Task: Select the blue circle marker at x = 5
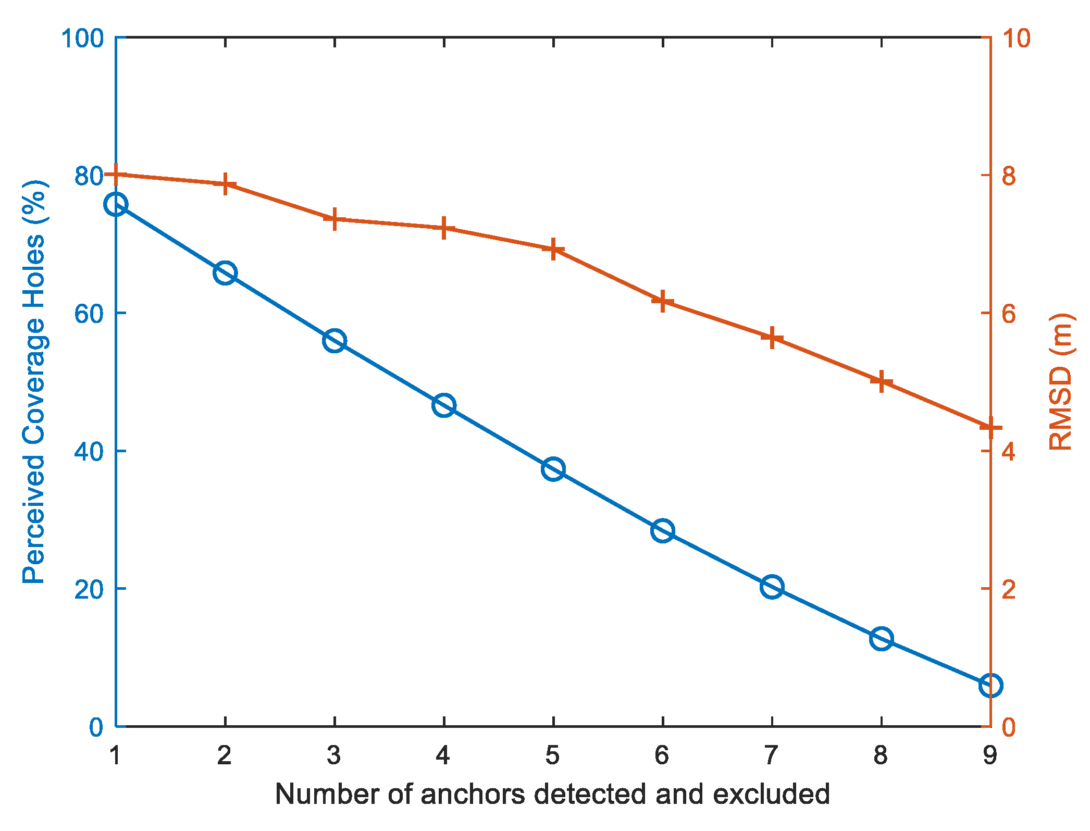pyautogui.click(x=553, y=469)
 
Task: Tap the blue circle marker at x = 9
pyautogui.click(x=990, y=685)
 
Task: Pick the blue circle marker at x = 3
pyautogui.click(x=334, y=341)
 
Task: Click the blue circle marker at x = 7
pyautogui.click(x=772, y=587)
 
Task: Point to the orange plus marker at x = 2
pyautogui.click(x=225, y=184)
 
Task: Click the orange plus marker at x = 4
pyautogui.click(x=444, y=228)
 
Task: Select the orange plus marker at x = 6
pyautogui.click(x=662, y=301)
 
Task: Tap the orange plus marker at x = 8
pyautogui.click(x=881, y=381)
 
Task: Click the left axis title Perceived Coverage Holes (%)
pyautogui.click(x=34, y=382)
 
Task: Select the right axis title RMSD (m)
pyautogui.click(x=1060, y=382)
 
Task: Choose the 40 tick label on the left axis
pyautogui.click(x=89, y=451)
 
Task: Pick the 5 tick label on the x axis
pyautogui.click(x=553, y=755)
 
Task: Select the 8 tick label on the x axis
pyautogui.click(x=881, y=755)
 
